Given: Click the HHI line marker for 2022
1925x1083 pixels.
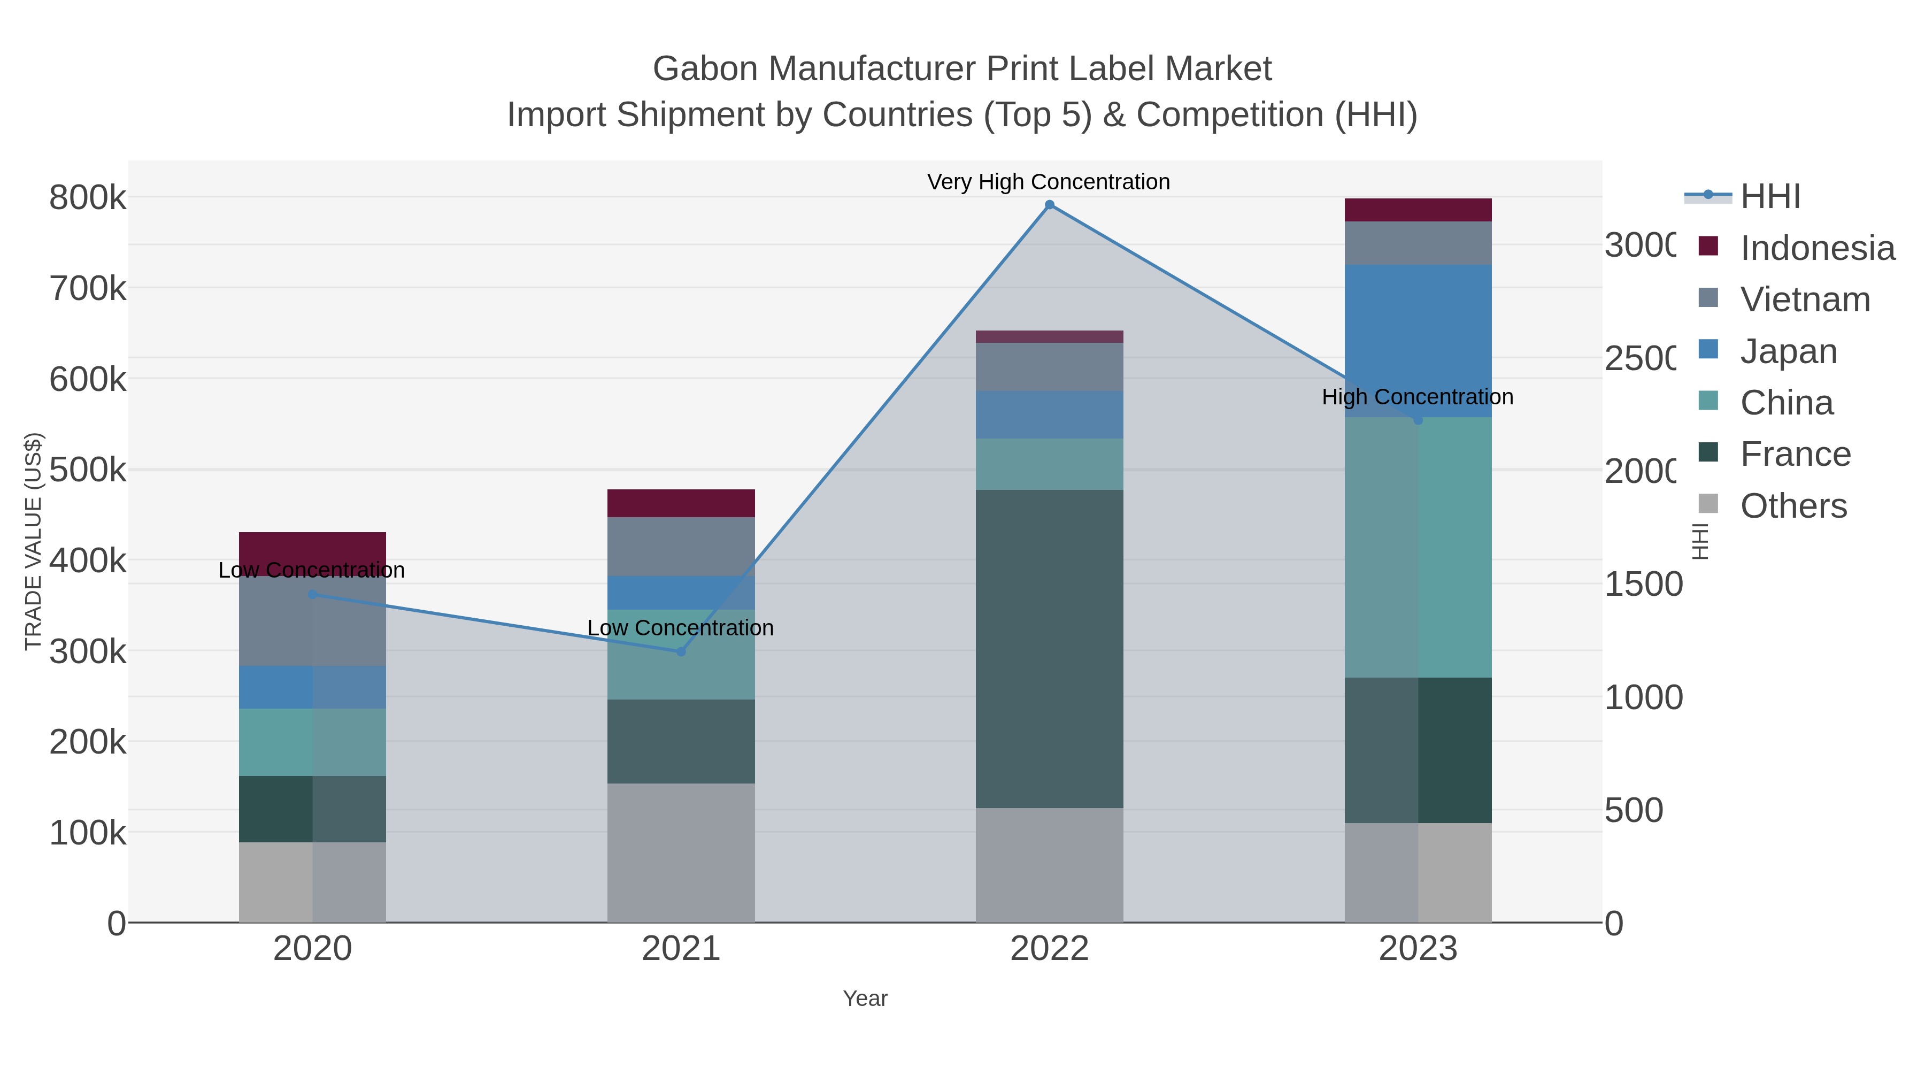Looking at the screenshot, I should (x=1049, y=205).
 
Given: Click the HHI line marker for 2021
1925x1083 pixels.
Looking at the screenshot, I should (x=681, y=652).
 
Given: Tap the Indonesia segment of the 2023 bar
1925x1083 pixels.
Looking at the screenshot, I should (x=1418, y=210).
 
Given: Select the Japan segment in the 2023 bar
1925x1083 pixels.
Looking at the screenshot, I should (x=1418, y=329).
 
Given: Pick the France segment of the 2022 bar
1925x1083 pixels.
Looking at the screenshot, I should (x=1049, y=649).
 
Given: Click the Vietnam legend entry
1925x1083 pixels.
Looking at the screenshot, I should (x=1805, y=299).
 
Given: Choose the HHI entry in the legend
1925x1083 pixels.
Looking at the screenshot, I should (x=1769, y=197).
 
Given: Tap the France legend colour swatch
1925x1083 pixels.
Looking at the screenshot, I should (x=1708, y=452).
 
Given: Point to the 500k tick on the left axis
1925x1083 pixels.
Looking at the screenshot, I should (x=88, y=470).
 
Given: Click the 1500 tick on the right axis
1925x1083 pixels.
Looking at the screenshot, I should (x=1643, y=585).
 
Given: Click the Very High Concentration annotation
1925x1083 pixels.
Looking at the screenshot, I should (x=1049, y=182).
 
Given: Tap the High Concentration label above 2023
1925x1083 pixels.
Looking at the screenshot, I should (x=1418, y=397).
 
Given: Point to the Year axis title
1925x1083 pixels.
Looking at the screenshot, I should (x=865, y=998).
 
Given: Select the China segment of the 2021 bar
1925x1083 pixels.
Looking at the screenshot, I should (x=681, y=655).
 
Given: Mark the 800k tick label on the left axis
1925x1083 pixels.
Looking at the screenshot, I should (x=88, y=198).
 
